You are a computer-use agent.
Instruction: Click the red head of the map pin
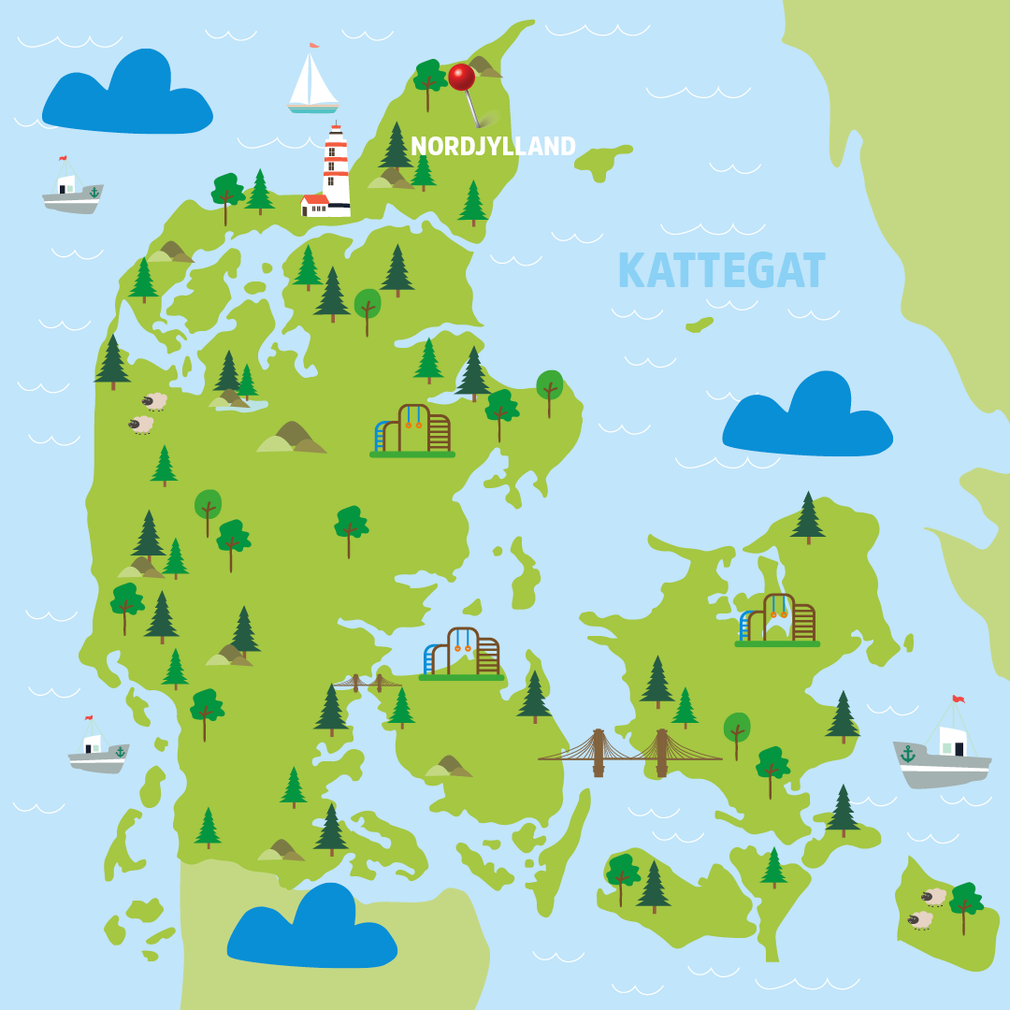click(x=461, y=77)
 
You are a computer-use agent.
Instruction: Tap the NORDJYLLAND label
click(x=493, y=147)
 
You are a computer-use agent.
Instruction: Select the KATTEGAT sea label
click(x=721, y=271)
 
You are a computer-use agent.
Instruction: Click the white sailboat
click(x=311, y=82)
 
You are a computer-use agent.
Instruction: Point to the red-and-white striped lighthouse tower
click(x=336, y=168)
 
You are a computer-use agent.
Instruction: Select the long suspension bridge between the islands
click(x=630, y=753)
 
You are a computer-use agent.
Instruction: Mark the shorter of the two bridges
click(x=367, y=683)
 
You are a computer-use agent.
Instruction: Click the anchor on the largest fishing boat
click(x=907, y=753)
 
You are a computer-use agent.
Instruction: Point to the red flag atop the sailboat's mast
click(x=314, y=45)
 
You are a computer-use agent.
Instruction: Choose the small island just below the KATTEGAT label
click(x=700, y=325)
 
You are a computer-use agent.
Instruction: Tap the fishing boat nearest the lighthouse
click(x=72, y=191)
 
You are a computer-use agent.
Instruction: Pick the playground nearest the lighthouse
click(x=412, y=431)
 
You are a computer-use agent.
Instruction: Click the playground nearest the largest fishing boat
click(x=777, y=619)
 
